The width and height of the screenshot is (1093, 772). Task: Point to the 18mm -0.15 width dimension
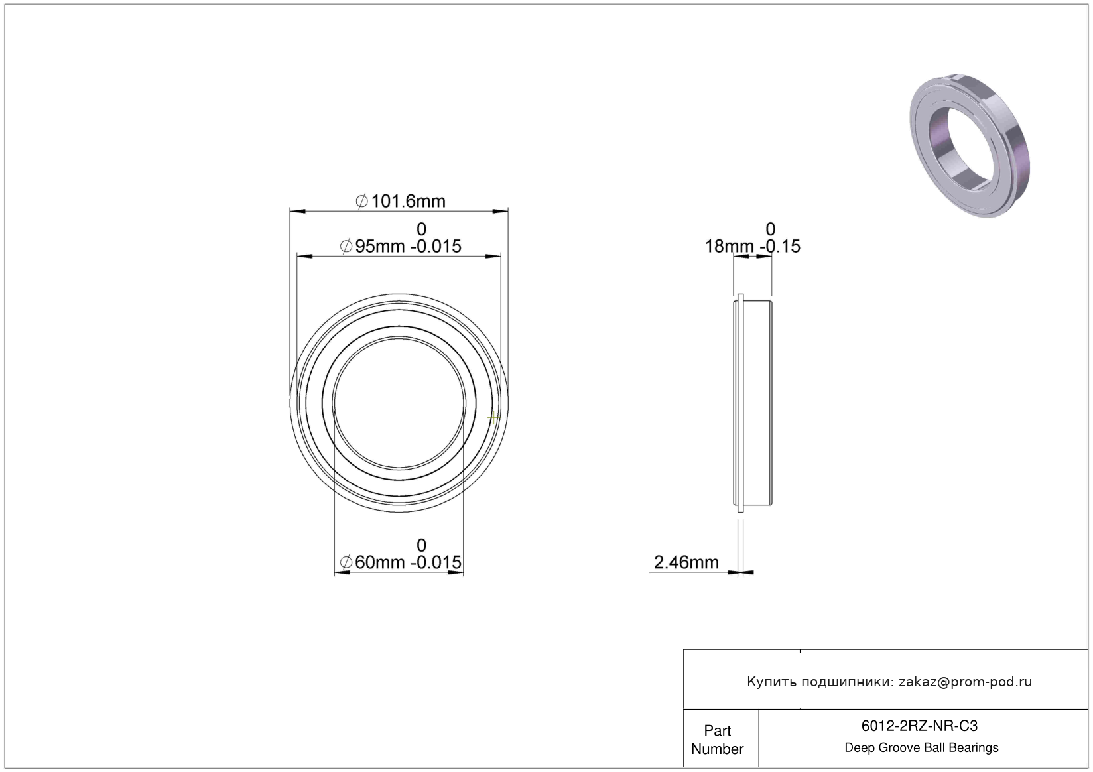click(x=752, y=247)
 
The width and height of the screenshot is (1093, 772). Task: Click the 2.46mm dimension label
click(x=686, y=562)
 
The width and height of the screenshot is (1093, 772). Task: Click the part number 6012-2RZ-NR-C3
click(x=919, y=726)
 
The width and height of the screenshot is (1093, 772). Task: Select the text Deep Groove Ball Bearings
click(x=921, y=747)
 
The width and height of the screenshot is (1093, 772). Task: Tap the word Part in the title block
click(x=718, y=730)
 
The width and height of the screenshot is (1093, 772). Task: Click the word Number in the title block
click(x=718, y=749)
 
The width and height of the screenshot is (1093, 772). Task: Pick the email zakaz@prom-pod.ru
click(x=965, y=682)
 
